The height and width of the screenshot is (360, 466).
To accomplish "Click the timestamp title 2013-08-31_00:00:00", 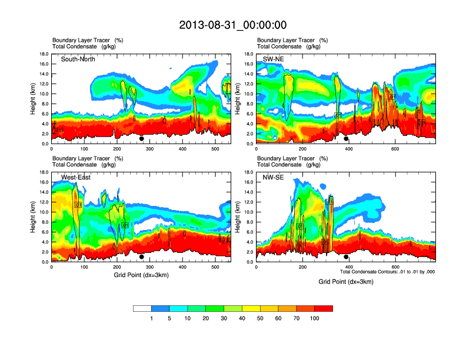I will pos(232,25).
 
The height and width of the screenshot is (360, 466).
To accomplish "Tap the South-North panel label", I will pos(78,59).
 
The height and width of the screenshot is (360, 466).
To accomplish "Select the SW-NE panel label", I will pos(272,59).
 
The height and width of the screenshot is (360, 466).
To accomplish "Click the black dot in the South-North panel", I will pos(141,139).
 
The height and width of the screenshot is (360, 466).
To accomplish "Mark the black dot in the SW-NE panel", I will pos(346,139).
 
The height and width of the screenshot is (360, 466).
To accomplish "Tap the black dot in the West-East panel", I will pos(141,257).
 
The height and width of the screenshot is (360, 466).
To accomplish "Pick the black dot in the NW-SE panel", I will pos(346,257).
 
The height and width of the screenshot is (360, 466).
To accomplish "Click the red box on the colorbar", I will pos(324,308).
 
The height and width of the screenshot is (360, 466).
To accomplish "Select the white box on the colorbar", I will pos(142,308).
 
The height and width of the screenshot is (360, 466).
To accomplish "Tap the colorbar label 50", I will pos(261,318).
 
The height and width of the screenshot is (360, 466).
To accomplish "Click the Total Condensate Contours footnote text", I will pos(387,272).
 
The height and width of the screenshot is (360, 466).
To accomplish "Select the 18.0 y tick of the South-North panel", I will pos(43,54).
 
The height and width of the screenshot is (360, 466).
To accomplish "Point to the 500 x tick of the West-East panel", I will pos(215,267).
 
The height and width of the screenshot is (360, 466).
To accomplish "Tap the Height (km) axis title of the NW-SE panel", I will pos(237,217).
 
